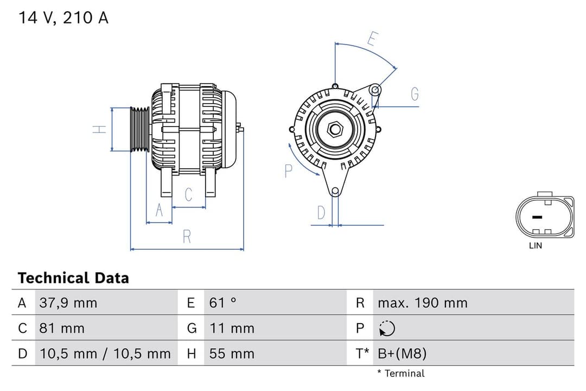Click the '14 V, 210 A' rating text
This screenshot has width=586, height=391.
click(63, 18)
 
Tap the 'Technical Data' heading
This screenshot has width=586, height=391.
click(73, 278)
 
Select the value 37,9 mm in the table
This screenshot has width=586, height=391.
click(68, 302)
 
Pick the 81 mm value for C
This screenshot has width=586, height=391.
click(62, 328)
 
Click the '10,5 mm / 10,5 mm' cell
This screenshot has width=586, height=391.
click(105, 354)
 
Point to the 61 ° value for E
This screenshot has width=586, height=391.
click(223, 302)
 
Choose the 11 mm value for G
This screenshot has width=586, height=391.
click(232, 328)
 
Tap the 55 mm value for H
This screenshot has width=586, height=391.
click(232, 354)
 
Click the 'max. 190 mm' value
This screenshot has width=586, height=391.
click(422, 302)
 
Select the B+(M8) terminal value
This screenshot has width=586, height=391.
click(402, 354)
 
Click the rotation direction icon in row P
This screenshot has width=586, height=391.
click(387, 329)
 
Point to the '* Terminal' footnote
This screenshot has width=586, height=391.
click(401, 373)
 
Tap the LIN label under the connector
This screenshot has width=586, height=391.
click(535, 245)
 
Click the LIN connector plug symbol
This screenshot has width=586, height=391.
click(544, 217)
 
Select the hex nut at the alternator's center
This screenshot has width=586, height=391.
click(335, 129)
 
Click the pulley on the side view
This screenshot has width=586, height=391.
click(140, 129)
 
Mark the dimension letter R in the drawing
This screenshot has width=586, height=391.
click(187, 237)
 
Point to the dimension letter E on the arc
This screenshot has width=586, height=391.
click(372, 39)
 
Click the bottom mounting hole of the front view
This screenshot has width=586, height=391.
click(335, 191)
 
